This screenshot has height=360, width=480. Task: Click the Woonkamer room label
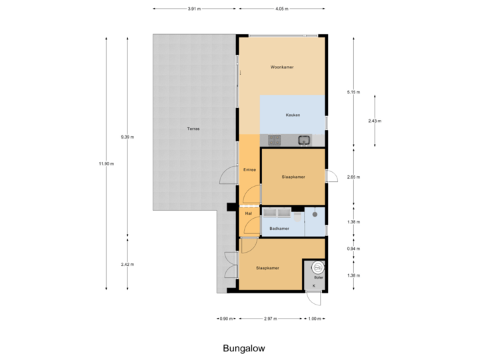tap(282, 68)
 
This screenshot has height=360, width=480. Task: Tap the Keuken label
tap(293, 115)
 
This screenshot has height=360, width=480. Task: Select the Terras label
tap(193, 129)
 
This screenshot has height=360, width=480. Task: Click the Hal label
tap(248, 213)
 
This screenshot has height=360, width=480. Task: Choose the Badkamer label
tap(279, 229)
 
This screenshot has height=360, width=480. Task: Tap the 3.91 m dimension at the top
tap(193, 9)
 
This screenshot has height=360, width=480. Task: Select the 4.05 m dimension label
tap(282, 9)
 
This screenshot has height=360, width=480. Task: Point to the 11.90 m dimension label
tap(106, 163)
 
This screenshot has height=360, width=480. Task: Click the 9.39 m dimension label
tap(127, 137)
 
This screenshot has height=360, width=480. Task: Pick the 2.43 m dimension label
tap(375, 121)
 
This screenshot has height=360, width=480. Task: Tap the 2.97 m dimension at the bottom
tap(270, 319)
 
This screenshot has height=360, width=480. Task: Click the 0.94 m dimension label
tap(353, 249)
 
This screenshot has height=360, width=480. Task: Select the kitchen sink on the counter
tap(304, 140)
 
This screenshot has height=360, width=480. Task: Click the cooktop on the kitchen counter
tap(275, 140)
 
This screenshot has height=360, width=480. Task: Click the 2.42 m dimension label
tap(127, 264)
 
